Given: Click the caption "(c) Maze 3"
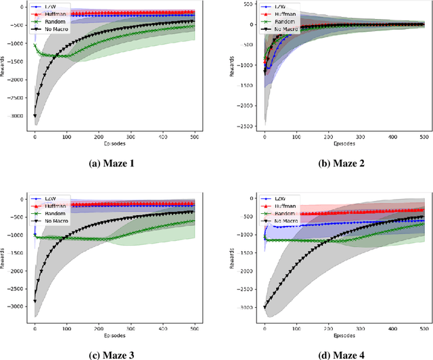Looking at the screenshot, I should [108, 352].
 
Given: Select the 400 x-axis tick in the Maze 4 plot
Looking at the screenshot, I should [392, 330].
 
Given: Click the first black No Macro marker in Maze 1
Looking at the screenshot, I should [35, 116].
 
